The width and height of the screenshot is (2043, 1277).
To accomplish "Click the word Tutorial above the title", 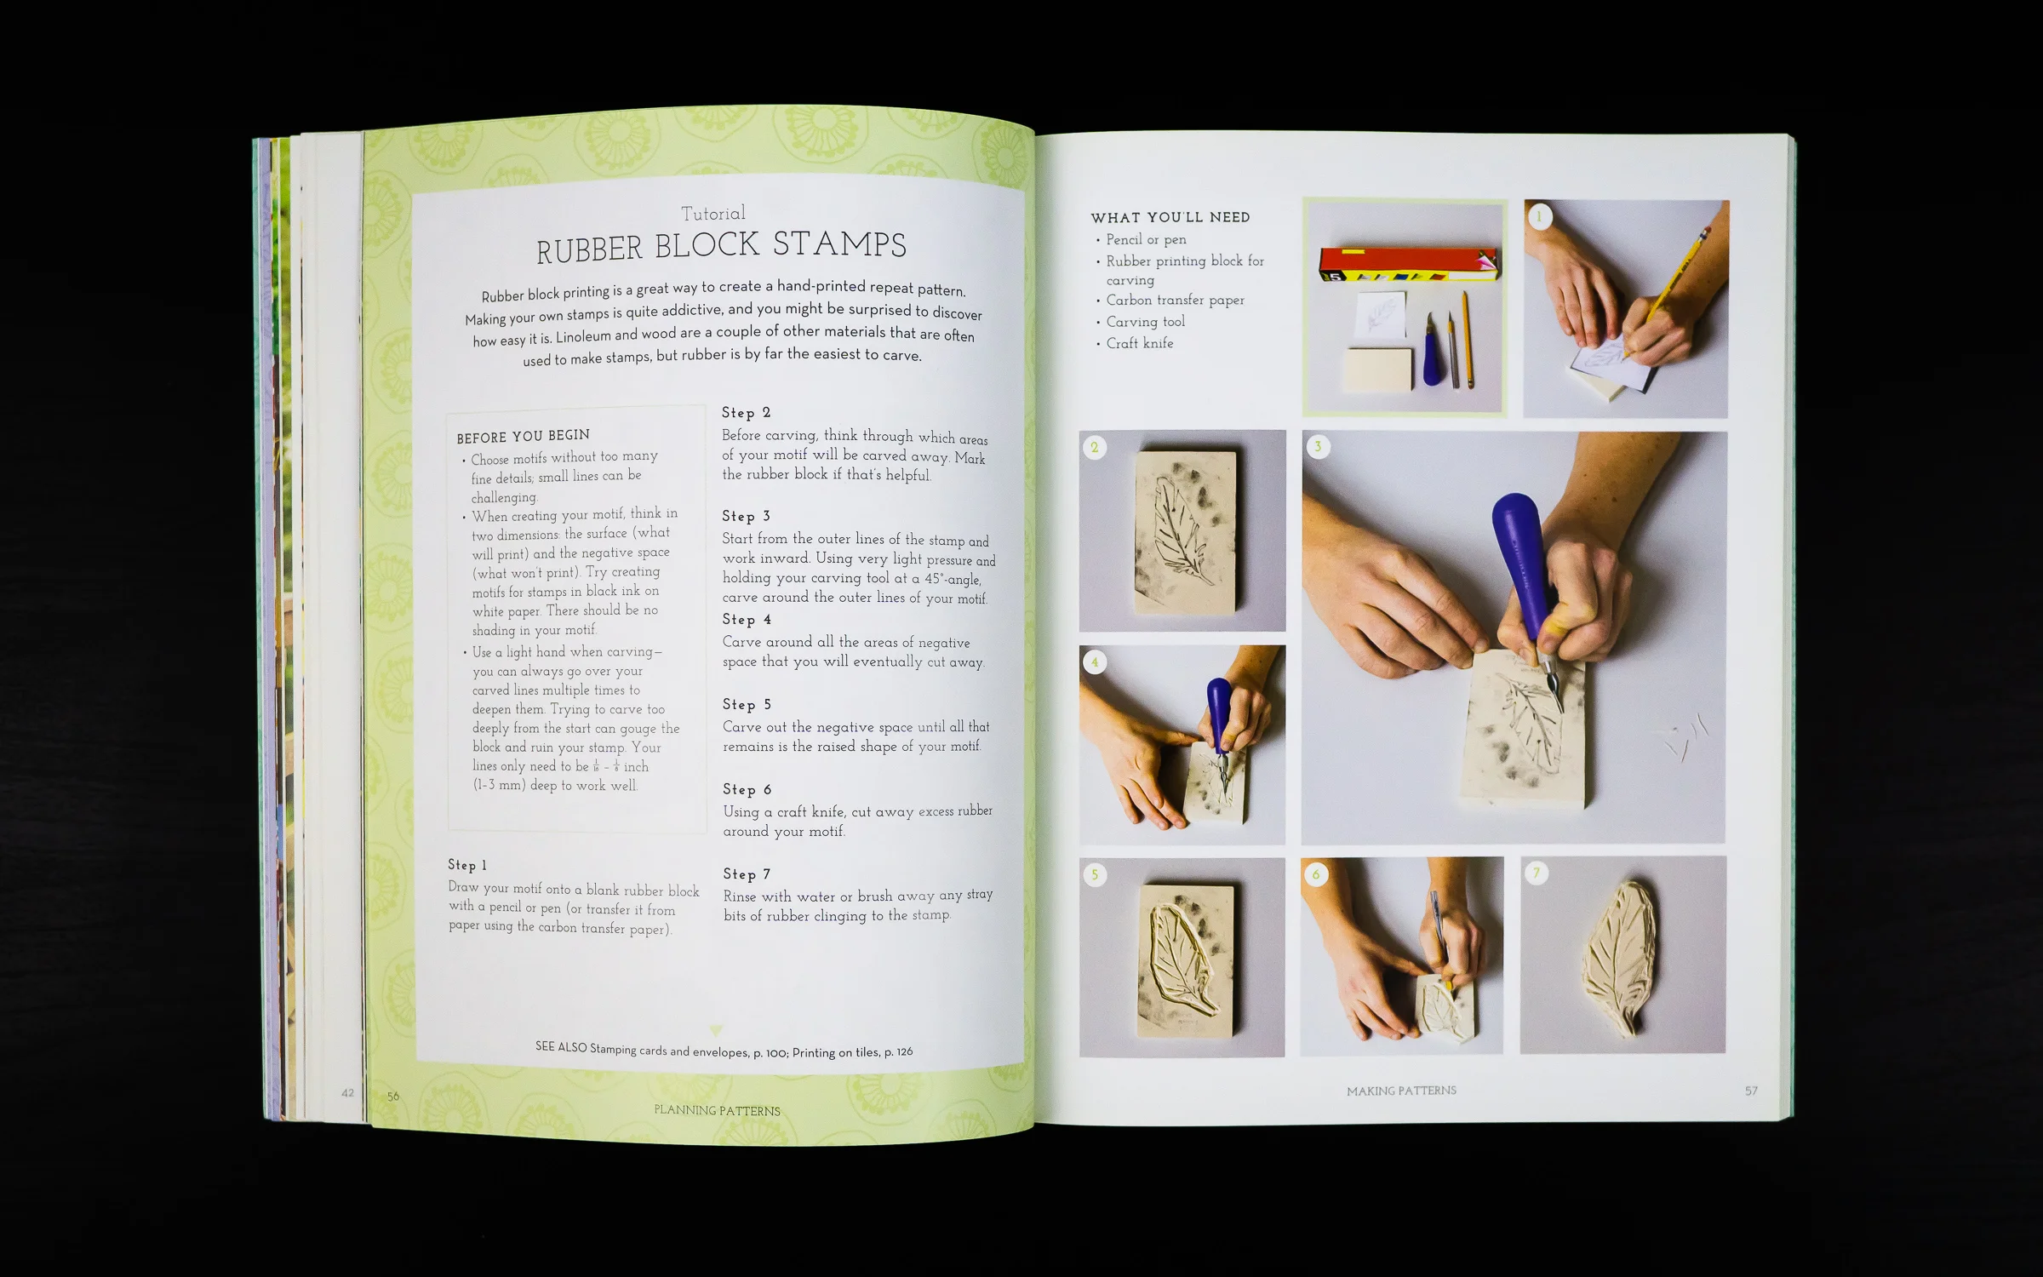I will (x=712, y=213).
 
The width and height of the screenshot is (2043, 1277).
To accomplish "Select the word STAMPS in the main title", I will (x=839, y=244).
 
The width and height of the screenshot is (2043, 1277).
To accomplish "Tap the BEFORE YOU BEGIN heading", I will (x=523, y=436).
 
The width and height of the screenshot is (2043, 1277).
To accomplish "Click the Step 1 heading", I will (x=467, y=865).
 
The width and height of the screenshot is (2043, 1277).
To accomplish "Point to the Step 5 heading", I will (x=747, y=704).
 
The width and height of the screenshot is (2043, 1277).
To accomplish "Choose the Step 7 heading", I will (x=747, y=874).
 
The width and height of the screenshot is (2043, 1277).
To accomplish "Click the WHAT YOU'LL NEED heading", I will (x=1170, y=217).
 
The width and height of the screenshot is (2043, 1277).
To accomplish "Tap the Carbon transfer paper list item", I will (x=1175, y=300).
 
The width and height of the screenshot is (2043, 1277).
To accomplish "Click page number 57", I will (x=1751, y=1091).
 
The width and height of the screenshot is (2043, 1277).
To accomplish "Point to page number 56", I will (x=393, y=1097).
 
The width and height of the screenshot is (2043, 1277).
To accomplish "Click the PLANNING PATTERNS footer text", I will (x=717, y=1110).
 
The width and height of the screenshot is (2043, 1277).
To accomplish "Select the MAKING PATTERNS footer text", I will (x=1401, y=1091).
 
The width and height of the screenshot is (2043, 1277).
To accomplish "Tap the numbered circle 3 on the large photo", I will (x=1319, y=447).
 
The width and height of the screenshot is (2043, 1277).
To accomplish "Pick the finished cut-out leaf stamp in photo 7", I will (x=1622, y=953).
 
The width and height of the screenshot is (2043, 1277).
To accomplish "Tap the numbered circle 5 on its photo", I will (x=1095, y=874).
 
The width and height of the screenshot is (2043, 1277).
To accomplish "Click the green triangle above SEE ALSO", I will (x=716, y=1030).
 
